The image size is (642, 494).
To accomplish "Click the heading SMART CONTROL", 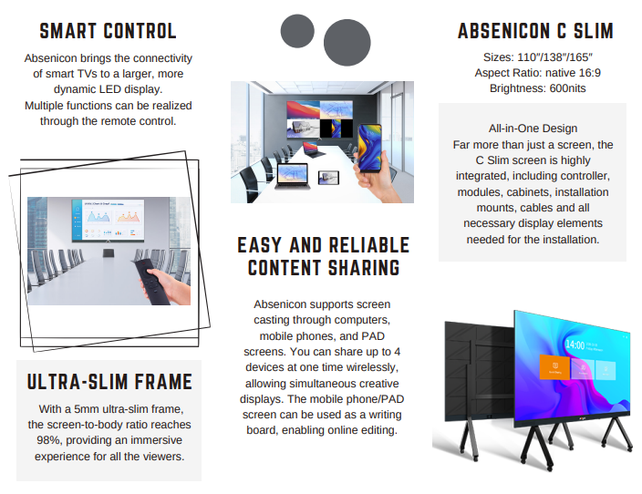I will click(108, 31).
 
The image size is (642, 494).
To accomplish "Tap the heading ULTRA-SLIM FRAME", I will click(109, 381).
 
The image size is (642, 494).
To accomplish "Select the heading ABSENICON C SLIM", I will click(535, 32).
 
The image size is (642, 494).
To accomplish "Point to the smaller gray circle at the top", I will click(297, 31).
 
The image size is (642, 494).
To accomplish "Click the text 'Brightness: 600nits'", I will click(535, 88).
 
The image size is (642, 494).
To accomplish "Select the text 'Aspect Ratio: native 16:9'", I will click(535, 73).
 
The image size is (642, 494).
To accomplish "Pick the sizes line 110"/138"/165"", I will click(535, 57).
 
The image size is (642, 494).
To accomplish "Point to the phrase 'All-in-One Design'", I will click(533, 129).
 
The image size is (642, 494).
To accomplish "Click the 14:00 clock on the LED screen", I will click(575, 345).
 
